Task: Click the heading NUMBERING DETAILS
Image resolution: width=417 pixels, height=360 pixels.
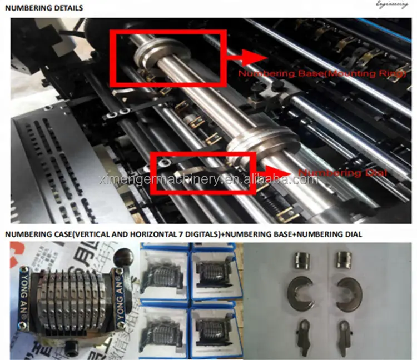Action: click(44, 9)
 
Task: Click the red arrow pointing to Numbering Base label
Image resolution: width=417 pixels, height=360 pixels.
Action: click(247, 56)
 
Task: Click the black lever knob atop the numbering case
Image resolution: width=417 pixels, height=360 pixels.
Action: click(123, 257)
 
